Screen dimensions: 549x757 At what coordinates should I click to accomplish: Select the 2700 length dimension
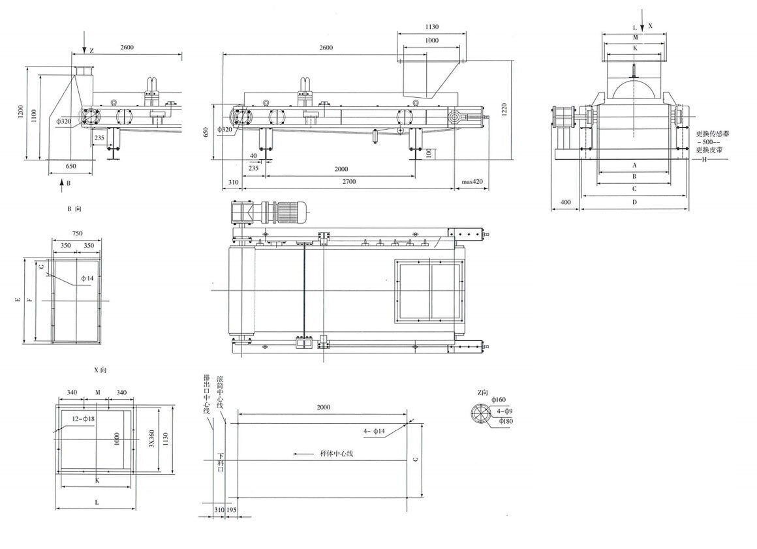click(x=349, y=182)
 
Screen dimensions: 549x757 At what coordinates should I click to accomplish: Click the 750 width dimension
click(x=77, y=233)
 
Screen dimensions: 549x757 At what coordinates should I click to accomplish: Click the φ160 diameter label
click(x=499, y=399)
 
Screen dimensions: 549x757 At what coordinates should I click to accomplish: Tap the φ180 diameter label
click(x=506, y=421)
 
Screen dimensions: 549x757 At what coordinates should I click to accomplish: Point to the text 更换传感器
click(x=712, y=133)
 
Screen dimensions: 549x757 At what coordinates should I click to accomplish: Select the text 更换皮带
click(x=709, y=150)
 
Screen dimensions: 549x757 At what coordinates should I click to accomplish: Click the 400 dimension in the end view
click(x=565, y=203)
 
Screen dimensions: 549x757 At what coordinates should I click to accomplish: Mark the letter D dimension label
click(x=634, y=203)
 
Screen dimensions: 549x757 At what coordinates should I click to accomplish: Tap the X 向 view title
click(x=100, y=370)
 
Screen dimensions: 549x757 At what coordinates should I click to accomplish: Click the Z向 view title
click(x=483, y=392)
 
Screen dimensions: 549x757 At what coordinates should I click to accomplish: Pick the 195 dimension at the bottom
click(x=231, y=509)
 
